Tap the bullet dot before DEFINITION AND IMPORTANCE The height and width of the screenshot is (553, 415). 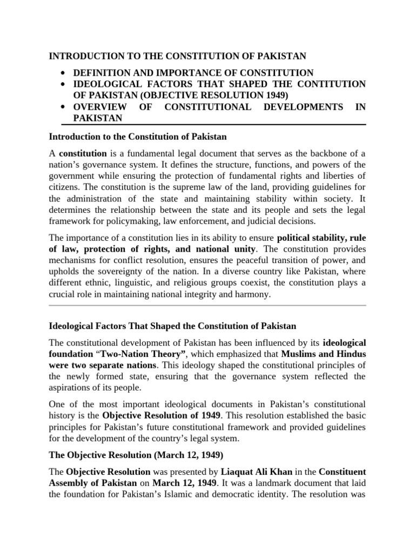point(64,73)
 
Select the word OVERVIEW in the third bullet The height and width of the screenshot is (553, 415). point(98,107)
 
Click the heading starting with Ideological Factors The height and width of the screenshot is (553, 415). point(172,326)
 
